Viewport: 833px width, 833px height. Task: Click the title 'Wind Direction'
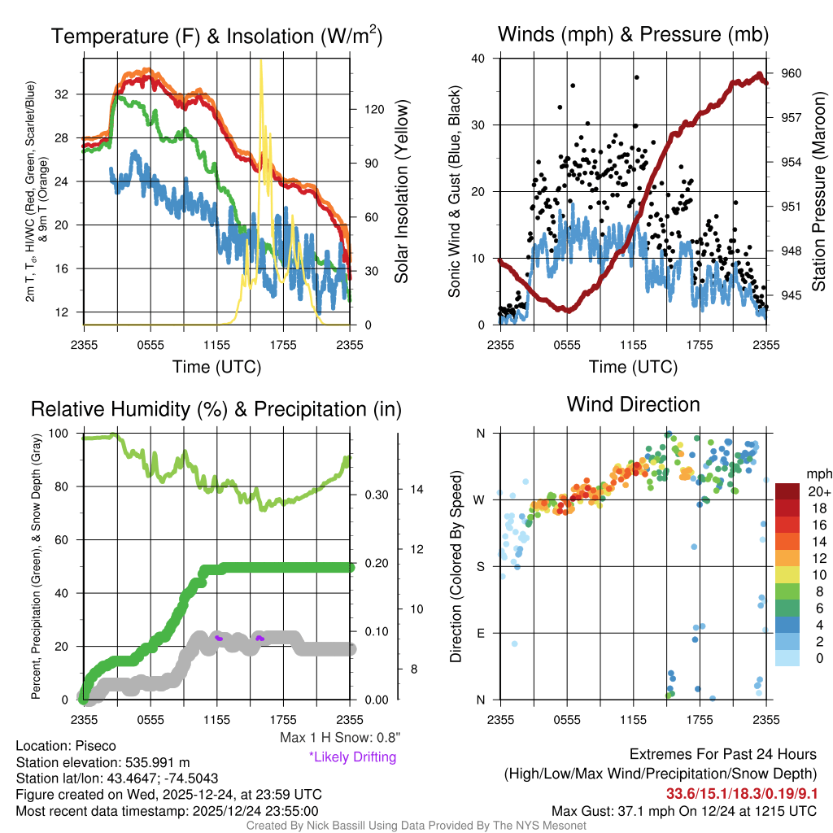(x=633, y=404)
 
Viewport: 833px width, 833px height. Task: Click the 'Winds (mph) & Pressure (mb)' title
(x=633, y=34)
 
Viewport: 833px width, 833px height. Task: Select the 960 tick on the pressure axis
(x=792, y=73)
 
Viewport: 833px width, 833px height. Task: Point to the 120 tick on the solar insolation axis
(x=368, y=108)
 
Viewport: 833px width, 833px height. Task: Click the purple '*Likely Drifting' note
(x=352, y=757)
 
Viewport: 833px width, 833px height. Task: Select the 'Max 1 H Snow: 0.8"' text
(x=338, y=738)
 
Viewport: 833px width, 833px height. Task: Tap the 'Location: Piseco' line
(x=66, y=746)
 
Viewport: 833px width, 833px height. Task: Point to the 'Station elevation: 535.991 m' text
(x=102, y=762)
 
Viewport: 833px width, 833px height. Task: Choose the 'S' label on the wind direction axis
(x=480, y=566)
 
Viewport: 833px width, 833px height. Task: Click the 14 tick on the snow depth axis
(x=416, y=489)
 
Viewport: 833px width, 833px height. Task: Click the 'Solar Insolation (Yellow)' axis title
(x=401, y=192)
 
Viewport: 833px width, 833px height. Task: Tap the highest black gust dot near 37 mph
(x=637, y=77)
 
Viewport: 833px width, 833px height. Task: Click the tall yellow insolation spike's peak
(x=260, y=61)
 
